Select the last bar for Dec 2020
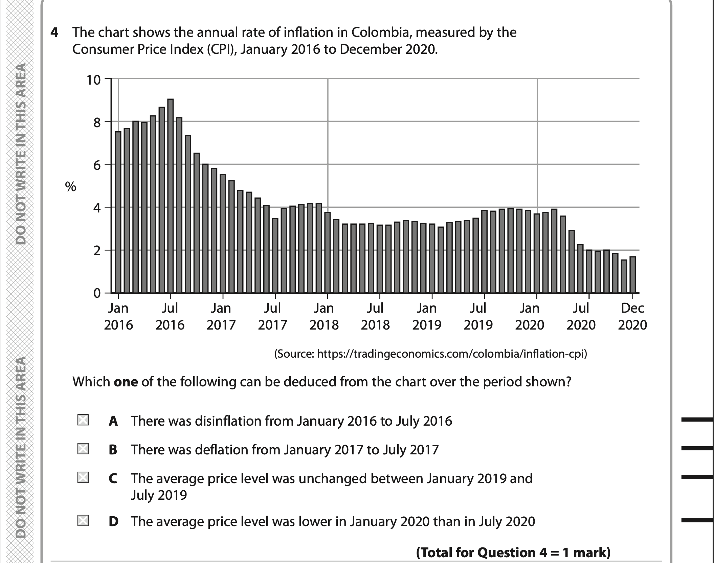(x=632, y=274)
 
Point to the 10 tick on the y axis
(x=94, y=80)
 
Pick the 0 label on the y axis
(x=97, y=293)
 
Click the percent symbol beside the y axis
(x=71, y=186)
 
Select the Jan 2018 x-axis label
(x=324, y=316)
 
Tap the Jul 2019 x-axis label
(x=478, y=316)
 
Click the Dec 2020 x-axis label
(x=632, y=316)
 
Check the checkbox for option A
(x=83, y=420)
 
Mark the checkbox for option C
(x=83, y=478)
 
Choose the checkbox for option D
(x=83, y=520)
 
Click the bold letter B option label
(x=113, y=450)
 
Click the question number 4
(x=54, y=32)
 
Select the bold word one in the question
(x=126, y=382)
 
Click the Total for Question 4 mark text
(x=513, y=553)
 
